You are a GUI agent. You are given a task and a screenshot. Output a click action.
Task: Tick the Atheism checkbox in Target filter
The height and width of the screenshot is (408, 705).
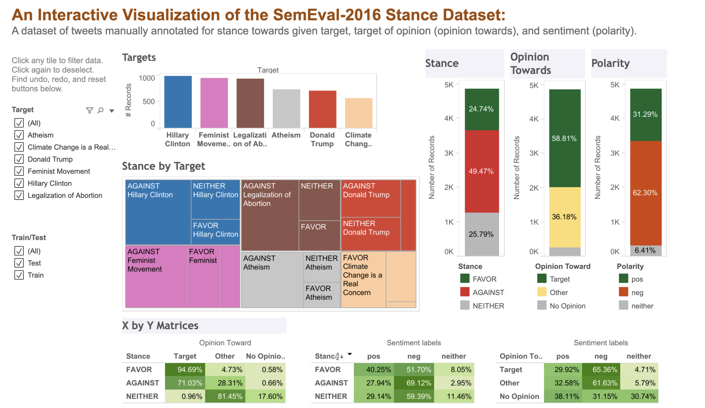click(x=19, y=135)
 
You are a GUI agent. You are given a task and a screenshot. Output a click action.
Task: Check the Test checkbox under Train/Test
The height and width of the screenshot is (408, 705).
click(x=19, y=263)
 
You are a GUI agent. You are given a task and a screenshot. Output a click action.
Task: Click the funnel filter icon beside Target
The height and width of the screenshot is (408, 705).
click(x=89, y=110)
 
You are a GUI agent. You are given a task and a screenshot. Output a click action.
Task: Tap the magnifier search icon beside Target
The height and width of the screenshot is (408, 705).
click(x=100, y=110)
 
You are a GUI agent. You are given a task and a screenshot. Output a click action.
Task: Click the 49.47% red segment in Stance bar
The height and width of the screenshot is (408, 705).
click(x=482, y=171)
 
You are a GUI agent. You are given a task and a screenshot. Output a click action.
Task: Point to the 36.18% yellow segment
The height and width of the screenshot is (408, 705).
click(x=564, y=217)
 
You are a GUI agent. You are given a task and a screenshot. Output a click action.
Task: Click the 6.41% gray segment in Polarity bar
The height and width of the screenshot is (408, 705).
click(x=645, y=250)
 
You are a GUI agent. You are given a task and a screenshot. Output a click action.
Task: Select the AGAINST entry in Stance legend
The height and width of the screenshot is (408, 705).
click(x=488, y=292)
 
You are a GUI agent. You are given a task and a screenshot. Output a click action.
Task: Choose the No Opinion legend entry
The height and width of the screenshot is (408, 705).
click(x=567, y=306)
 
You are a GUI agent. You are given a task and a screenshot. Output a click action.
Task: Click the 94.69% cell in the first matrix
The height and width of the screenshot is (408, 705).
click(x=185, y=369)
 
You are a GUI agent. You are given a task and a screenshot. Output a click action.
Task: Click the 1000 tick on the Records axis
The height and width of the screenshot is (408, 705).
click(x=147, y=78)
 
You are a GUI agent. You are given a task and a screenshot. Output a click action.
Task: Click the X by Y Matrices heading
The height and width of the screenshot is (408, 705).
click(x=160, y=326)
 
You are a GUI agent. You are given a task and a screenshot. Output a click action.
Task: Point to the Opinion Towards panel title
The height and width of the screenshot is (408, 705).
click(x=531, y=63)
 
